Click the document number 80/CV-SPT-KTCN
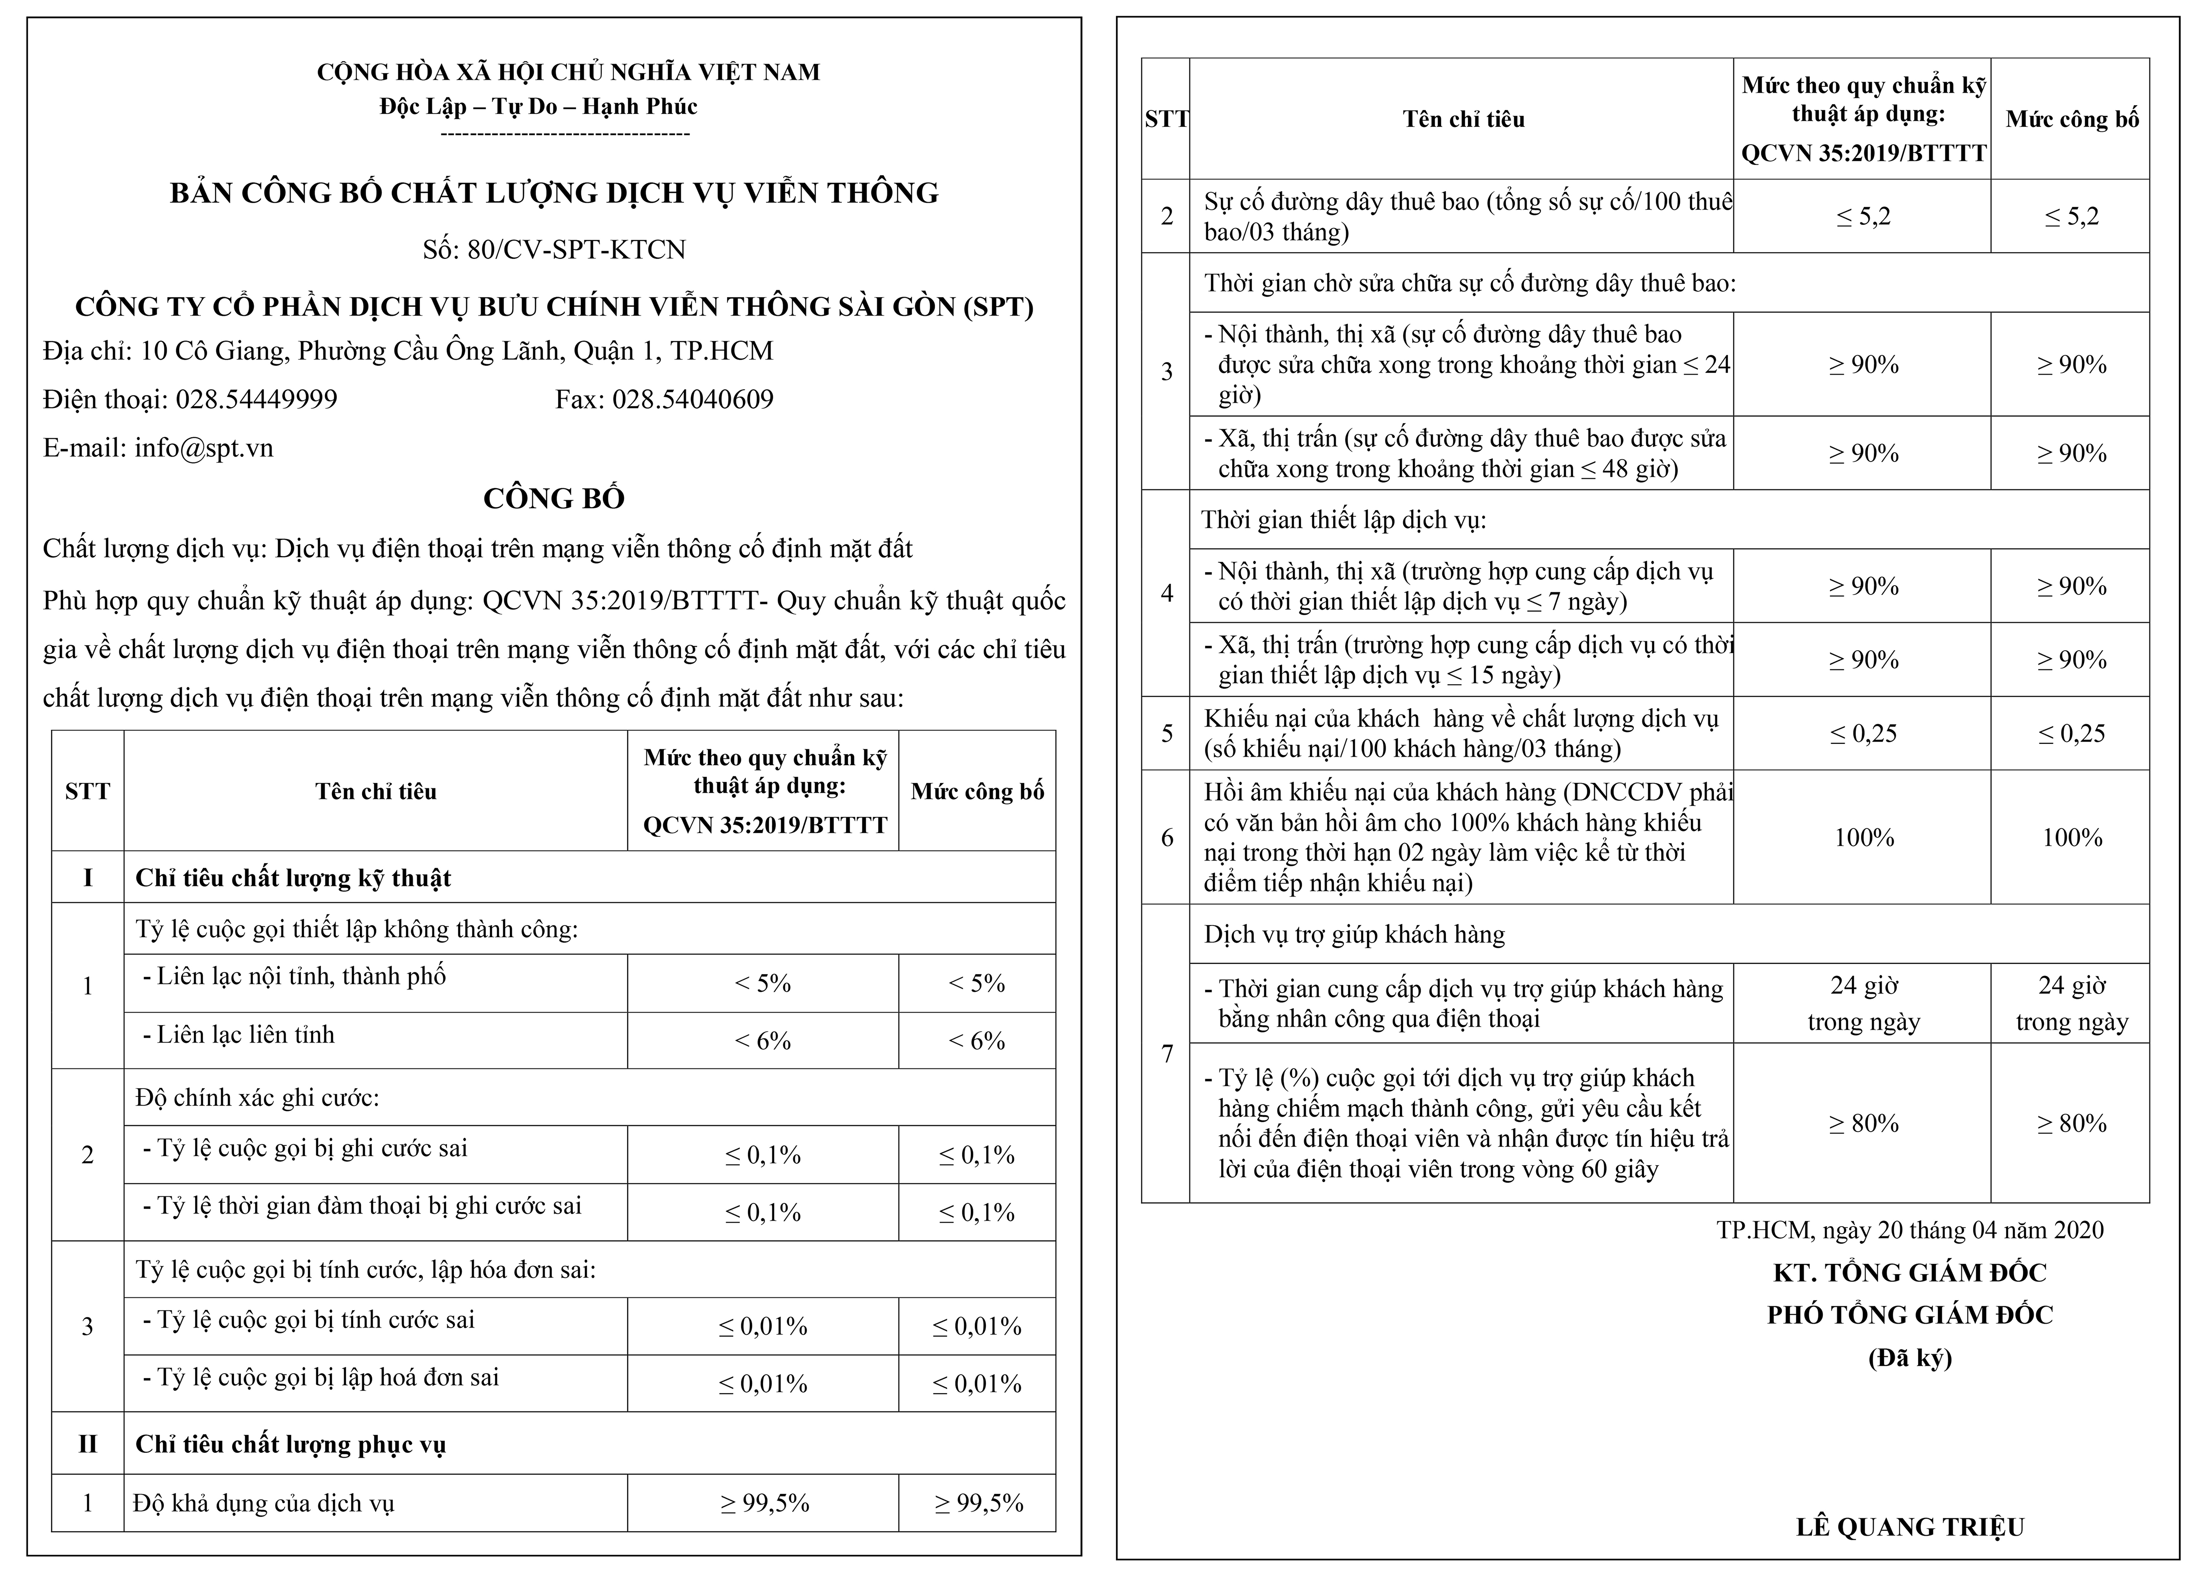[x=554, y=250]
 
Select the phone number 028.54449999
[x=256, y=400]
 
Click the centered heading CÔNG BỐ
[x=554, y=498]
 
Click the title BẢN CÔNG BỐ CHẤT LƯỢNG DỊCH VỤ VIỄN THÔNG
[x=554, y=193]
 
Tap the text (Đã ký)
[x=1910, y=1358]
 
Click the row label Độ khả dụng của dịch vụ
[x=263, y=1503]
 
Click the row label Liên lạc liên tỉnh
[x=245, y=1035]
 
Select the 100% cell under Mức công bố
[x=2072, y=838]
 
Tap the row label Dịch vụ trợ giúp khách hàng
[x=1354, y=935]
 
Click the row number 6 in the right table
[x=1167, y=838]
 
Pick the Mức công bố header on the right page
[x=2072, y=119]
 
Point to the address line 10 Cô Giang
[x=408, y=351]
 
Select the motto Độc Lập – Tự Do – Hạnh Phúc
[x=539, y=106]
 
